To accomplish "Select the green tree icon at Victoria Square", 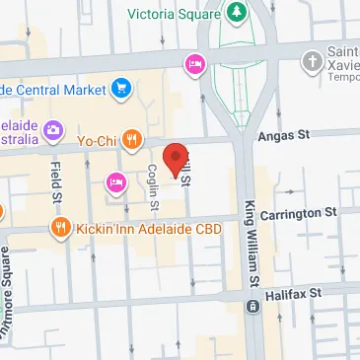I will click(x=237, y=13).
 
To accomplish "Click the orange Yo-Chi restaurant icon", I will click(x=133, y=139).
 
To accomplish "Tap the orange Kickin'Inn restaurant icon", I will click(x=61, y=229).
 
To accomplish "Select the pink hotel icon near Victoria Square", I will click(x=194, y=64).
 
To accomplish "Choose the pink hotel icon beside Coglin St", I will click(x=115, y=181).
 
